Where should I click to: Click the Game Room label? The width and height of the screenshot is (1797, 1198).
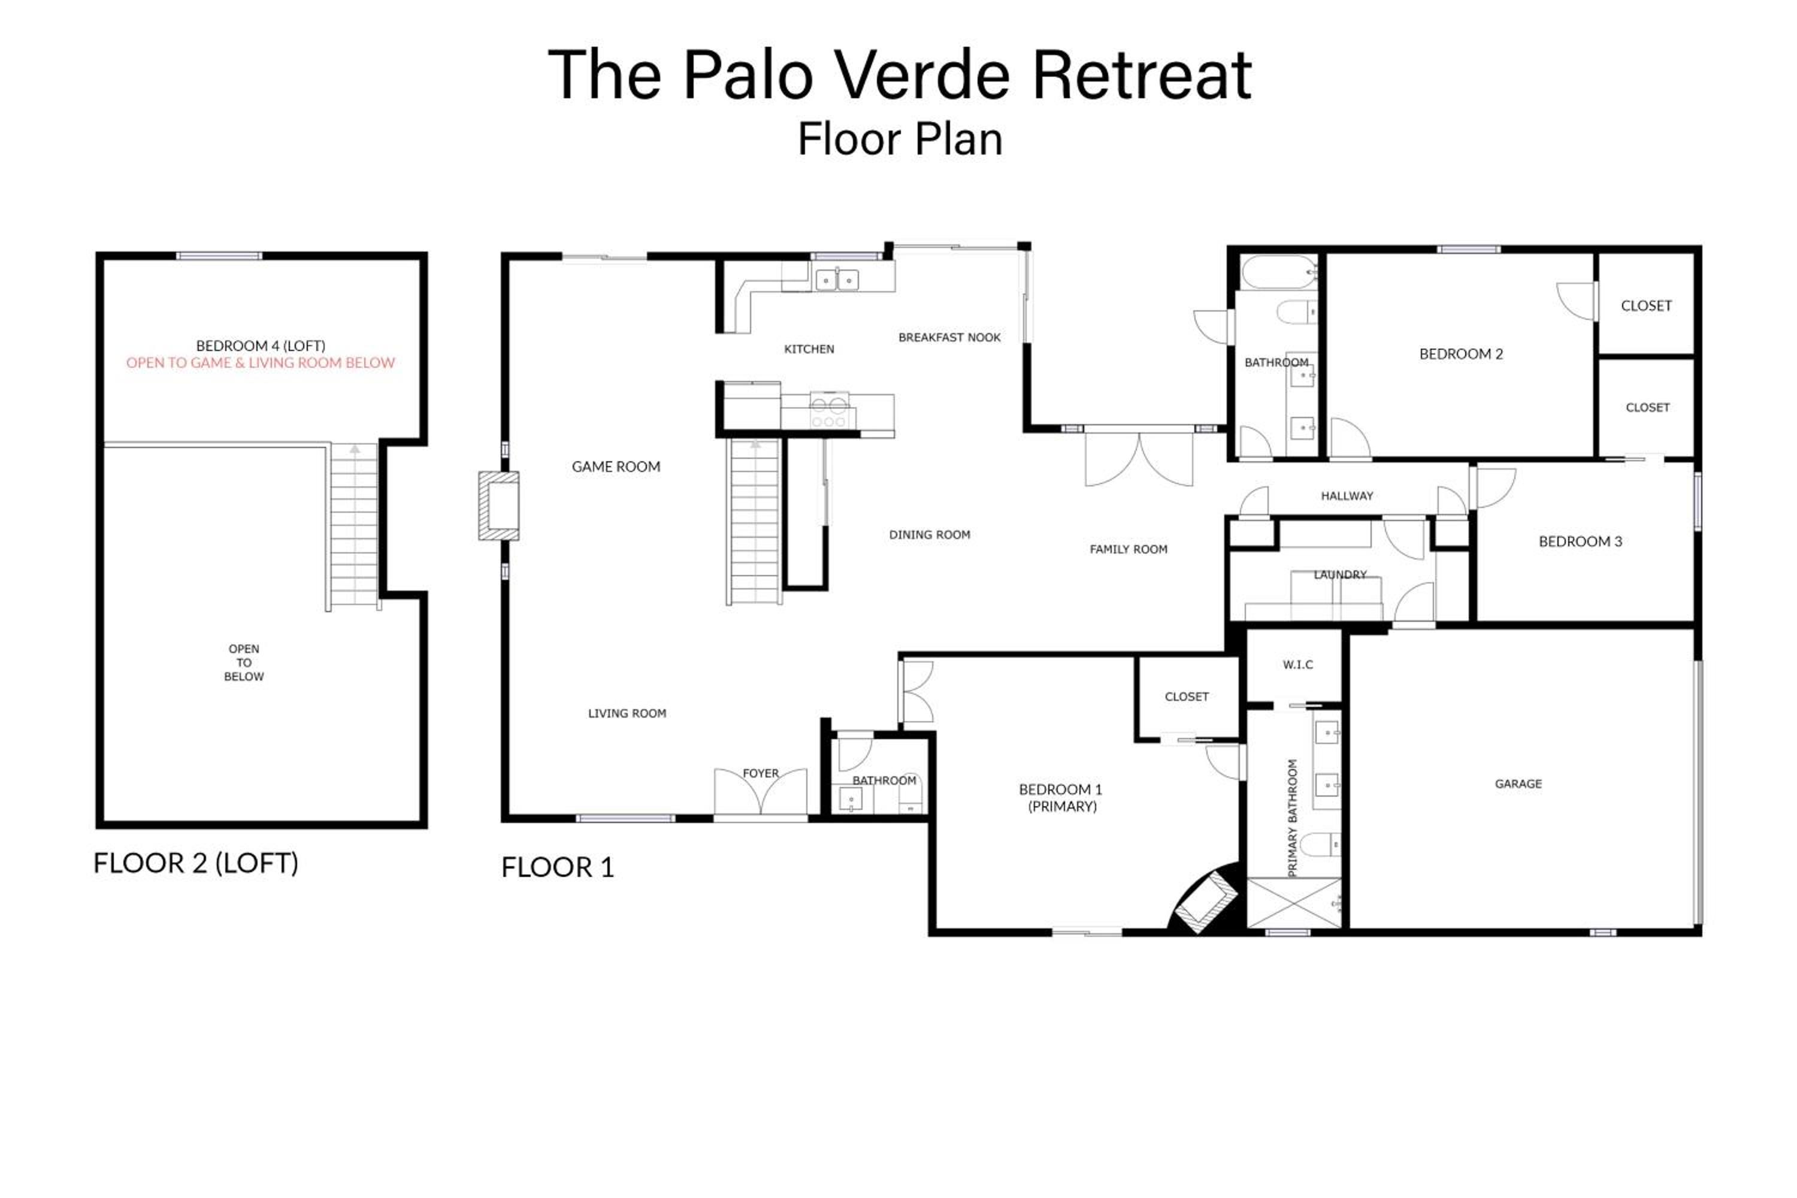[616, 467]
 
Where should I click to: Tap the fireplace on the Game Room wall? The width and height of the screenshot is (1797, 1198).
[499, 506]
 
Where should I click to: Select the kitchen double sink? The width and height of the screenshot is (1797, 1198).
[837, 280]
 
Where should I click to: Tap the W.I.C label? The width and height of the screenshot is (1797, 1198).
[1298, 665]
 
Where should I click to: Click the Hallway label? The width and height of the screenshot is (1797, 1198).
[1347, 496]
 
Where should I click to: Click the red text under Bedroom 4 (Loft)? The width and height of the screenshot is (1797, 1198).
[261, 363]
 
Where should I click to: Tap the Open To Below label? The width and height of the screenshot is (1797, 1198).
[244, 662]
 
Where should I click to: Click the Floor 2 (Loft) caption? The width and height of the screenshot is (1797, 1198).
[196, 863]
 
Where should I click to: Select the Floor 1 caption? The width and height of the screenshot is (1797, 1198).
[558, 867]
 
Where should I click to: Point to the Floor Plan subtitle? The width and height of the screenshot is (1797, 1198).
[900, 140]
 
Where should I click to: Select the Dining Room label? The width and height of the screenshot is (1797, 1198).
[929, 535]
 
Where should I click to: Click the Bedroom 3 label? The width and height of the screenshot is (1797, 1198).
[1580, 541]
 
